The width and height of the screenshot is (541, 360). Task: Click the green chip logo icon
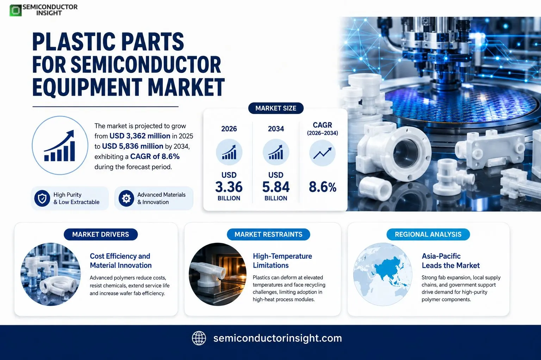(x=15, y=10)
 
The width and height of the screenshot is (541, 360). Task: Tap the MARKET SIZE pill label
(x=276, y=108)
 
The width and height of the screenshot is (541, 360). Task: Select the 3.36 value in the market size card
(x=229, y=187)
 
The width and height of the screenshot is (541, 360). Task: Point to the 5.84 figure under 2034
(x=276, y=187)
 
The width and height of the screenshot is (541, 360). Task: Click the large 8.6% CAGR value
(x=322, y=187)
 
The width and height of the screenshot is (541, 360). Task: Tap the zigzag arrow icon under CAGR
(x=322, y=153)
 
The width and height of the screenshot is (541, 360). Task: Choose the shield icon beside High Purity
(x=42, y=198)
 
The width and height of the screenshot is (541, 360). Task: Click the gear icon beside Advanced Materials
(x=126, y=198)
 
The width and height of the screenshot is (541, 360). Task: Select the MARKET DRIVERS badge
(x=101, y=234)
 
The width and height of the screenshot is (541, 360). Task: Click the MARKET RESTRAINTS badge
(x=268, y=234)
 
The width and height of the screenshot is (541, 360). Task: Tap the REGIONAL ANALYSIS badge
(x=428, y=234)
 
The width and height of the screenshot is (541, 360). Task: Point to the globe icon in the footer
(x=199, y=338)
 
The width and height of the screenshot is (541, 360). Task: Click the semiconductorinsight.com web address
(x=278, y=338)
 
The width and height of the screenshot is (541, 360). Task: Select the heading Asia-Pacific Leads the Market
(x=451, y=261)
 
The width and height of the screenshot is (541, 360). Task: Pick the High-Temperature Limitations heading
(x=282, y=261)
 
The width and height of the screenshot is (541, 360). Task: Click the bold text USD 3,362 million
(x=140, y=136)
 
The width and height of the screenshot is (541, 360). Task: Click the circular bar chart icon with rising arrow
(x=60, y=145)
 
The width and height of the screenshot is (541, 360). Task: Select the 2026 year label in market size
(x=229, y=129)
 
